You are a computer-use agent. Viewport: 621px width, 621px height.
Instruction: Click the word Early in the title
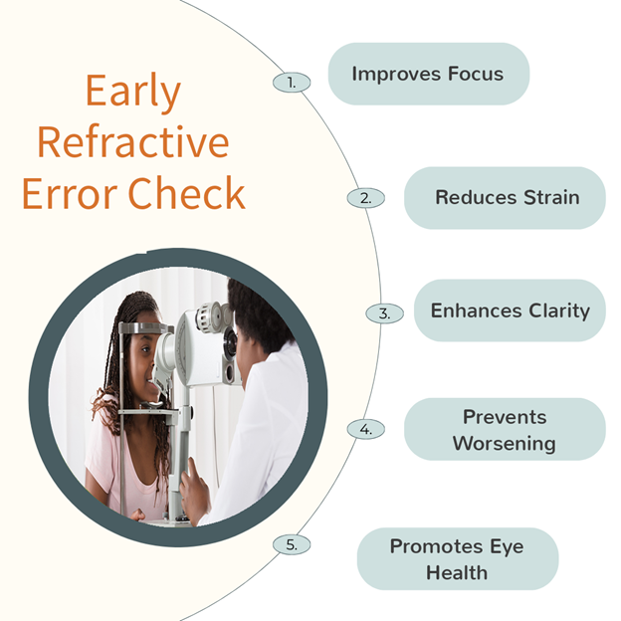click(x=133, y=92)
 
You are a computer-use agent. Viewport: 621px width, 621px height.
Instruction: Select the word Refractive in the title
click(x=133, y=141)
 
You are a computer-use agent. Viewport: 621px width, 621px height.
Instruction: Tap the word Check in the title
click(x=186, y=193)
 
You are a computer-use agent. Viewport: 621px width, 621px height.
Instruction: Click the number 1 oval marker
click(x=292, y=83)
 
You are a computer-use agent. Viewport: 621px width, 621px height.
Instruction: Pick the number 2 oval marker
click(x=366, y=198)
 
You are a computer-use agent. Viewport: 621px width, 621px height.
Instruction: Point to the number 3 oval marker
click(x=384, y=313)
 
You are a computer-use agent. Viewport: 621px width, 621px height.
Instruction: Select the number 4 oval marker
click(x=366, y=429)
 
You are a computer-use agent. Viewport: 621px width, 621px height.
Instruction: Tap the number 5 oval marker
click(x=292, y=544)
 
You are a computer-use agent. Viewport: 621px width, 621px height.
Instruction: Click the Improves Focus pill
click(x=429, y=74)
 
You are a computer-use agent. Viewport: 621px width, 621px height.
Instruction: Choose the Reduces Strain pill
click(x=505, y=198)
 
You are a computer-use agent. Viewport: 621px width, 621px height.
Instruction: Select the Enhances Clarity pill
click(x=510, y=310)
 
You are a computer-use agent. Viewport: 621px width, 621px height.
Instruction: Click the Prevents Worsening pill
click(x=505, y=429)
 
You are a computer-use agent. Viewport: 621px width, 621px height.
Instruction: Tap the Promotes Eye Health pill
click(x=458, y=559)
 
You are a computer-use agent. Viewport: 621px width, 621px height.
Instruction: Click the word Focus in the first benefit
click(x=476, y=74)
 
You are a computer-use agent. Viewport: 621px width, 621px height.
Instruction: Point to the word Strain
click(x=551, y=197)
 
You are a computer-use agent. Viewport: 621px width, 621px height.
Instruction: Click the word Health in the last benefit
click(x=457, y=572)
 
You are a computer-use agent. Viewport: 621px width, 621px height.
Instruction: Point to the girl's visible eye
click(x=145, y=349)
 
